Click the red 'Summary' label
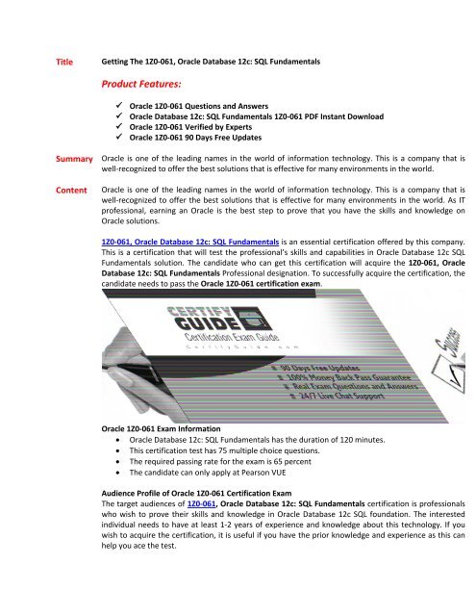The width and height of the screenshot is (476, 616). pyautogui.click(x=73, y=157)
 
